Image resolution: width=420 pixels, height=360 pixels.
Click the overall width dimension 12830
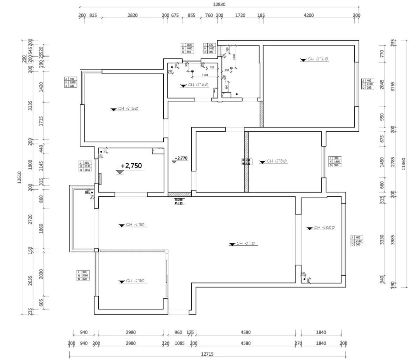click(x=219, y=4)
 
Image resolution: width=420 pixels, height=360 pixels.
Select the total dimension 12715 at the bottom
click(x=208, y=354)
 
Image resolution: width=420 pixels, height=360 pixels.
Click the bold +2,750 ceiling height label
click(x=131, y=166)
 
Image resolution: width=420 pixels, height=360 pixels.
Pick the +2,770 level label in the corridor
click(x=181, y=158)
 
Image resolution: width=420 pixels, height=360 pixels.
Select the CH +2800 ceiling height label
click(x=324, y=227)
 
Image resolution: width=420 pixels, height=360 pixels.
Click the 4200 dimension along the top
click(x=308, y=16)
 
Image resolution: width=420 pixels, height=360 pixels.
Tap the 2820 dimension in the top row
click(x=133, y=16)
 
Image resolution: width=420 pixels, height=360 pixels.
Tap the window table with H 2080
click(x=70, y=82)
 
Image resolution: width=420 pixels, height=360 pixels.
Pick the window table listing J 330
click(x=83, y=276)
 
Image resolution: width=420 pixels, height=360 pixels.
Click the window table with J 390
click(x=334, y=162)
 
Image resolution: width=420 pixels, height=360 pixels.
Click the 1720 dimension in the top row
click(x=240, y=16)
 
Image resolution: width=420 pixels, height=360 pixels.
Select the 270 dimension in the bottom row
click(x=298, y=343)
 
